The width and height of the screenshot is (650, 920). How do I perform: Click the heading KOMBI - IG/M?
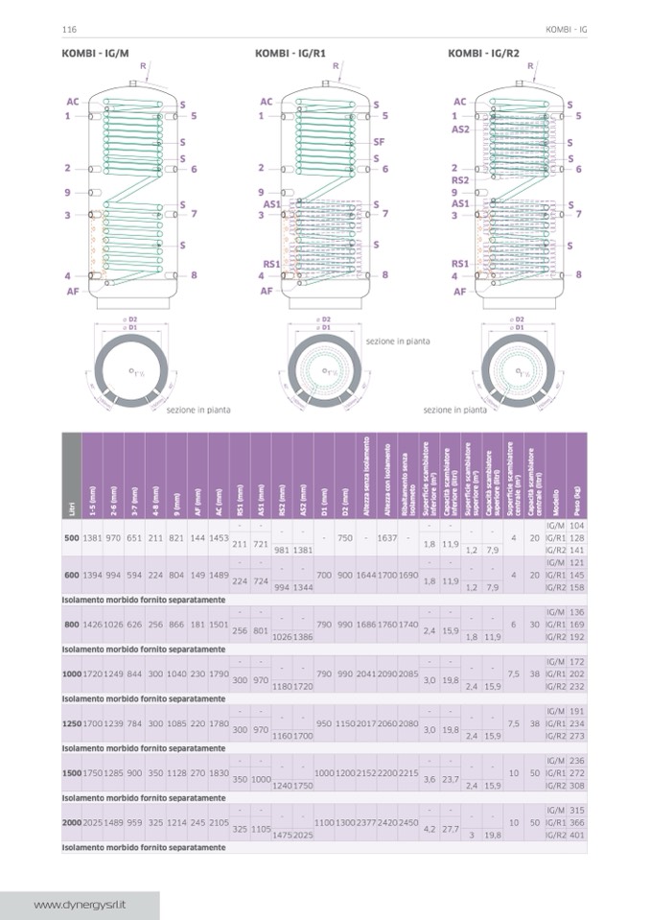coord(95,53)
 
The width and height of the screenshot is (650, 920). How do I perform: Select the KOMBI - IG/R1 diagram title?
coord(289,53)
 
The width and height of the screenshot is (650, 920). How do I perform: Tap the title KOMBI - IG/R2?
coord(483,53)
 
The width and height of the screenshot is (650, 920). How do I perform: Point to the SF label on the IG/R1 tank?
coord(379,141)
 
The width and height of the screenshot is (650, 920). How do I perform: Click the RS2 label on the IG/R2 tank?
coord(460,179)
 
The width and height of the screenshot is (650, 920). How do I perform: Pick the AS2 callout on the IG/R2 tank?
coord(460,129)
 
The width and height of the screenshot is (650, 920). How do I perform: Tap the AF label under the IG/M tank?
coord(73,291)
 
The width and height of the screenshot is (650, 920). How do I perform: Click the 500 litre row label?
coord(71,538)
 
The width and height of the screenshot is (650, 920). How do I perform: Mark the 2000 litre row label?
coord(71,823)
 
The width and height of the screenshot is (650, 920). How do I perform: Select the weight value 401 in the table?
coord(576,836)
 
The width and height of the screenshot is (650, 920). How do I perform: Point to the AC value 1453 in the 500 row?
coord(219,538)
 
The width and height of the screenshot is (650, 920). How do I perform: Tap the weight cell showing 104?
coord(576,526)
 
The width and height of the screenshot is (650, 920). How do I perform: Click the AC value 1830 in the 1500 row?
coord(219,772)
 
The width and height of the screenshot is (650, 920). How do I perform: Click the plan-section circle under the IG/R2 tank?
coord(519,369)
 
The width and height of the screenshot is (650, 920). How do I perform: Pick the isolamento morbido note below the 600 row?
coord(144,600)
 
